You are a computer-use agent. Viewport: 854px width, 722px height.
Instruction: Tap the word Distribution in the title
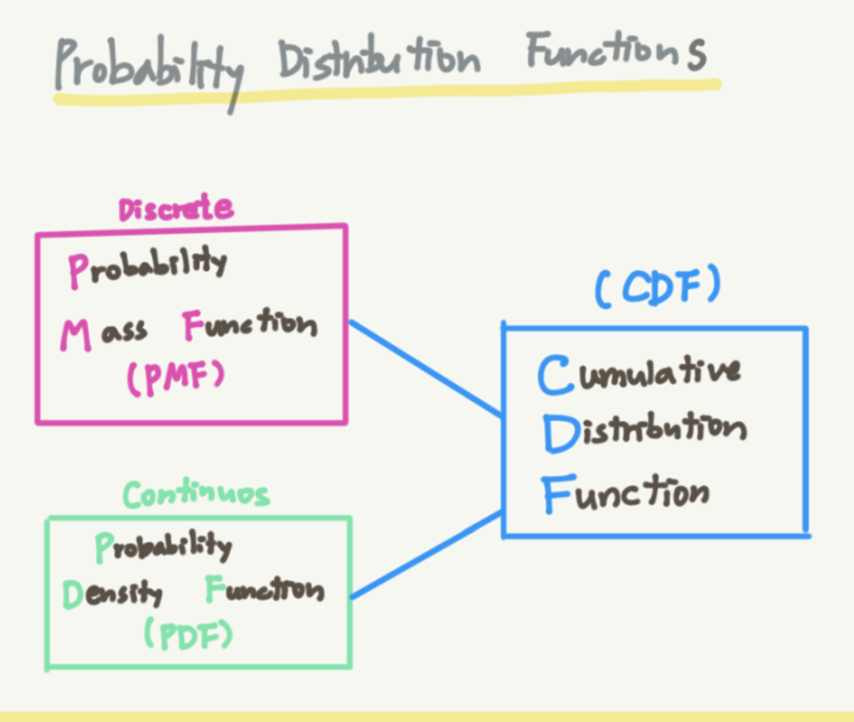[x=379, y=59]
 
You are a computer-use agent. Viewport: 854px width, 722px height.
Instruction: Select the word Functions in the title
[x=616, y=52]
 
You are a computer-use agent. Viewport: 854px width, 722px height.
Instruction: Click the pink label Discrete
[x=176, y=208]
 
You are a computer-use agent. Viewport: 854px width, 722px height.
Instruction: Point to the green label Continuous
[x=196, y=494]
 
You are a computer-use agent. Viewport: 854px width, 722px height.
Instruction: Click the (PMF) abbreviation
[x=176, y=378]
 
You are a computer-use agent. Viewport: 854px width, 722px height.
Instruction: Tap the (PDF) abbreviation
[x=189, y=635]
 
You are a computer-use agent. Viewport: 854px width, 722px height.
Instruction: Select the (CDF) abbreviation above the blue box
[x=658, y=287]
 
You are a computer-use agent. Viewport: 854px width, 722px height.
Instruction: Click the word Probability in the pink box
[x=147, y=267]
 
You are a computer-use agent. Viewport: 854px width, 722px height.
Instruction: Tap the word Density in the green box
[x=112, y=593]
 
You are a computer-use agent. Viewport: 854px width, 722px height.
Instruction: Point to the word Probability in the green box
[x=163, y=546]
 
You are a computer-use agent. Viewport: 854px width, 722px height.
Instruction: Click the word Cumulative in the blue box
[x=639, y=374]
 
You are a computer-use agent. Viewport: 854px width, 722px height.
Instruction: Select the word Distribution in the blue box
[x=645, y=431]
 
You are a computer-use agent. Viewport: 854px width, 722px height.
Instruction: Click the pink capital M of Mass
[x=76, y=335]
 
